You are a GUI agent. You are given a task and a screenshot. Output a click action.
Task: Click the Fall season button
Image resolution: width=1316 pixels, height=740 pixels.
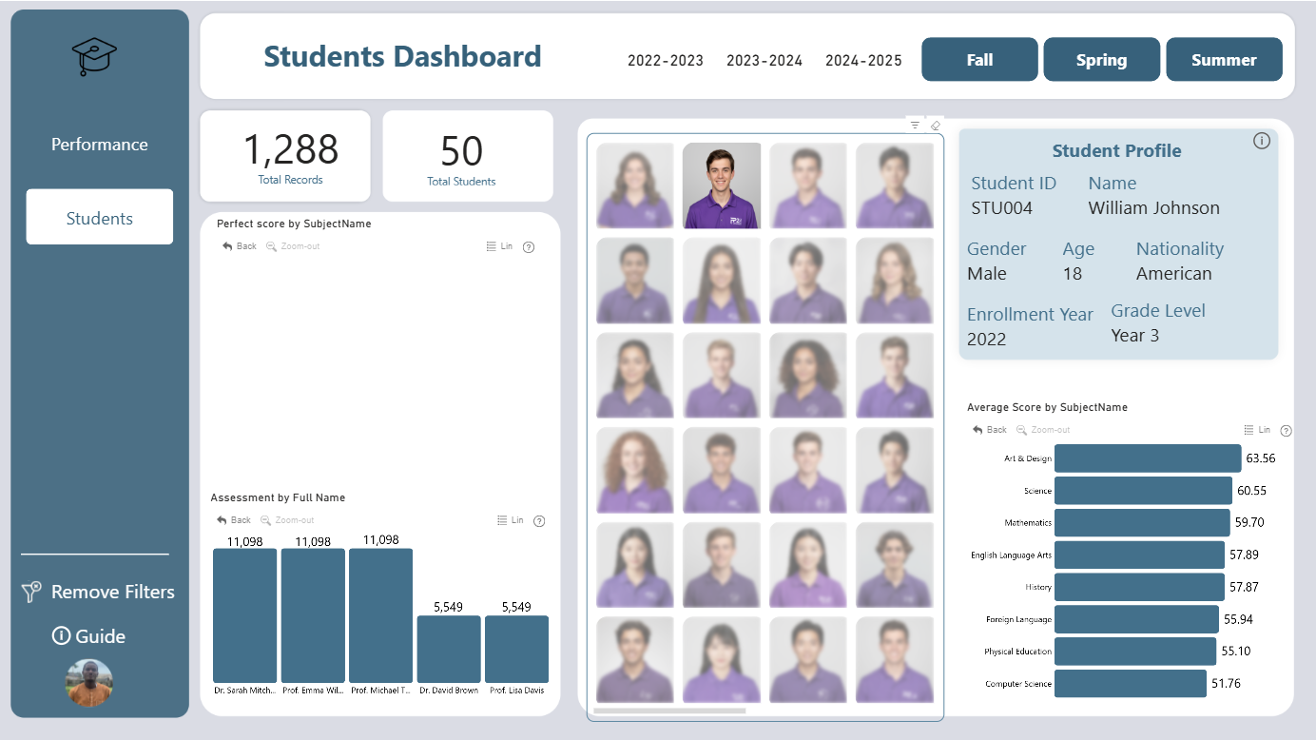pyautogui.click(x=979, y=59)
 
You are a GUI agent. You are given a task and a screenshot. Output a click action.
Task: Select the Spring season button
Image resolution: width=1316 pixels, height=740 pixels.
pyautogui.click(x=1101, y=59)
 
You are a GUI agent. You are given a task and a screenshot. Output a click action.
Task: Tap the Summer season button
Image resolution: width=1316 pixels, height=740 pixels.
pyautogui.click(x=1224, y=59)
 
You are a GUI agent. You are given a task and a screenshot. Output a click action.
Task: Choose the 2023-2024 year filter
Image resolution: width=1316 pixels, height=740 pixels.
pyautogui.click(x=764, y=61)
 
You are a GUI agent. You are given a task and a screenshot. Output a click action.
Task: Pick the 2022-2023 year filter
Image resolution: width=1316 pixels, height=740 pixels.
pyautogui.click(x=666, y=61)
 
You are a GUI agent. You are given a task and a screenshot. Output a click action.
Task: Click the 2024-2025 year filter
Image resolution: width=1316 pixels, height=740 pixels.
pyautogui.click(x=863, y=61)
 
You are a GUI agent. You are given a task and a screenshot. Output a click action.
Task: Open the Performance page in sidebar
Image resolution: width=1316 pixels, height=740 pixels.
pyautogui.click(x=99, y=145)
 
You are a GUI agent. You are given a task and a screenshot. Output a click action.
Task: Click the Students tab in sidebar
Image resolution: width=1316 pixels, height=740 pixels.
pyautogui.click(x=99, y=217)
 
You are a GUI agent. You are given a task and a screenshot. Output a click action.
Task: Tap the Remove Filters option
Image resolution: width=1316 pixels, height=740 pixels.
pyautogui.click(x=98, y=592)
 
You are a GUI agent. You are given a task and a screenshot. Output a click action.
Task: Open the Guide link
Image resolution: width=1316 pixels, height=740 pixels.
pyautogui.click(x=88, y=636)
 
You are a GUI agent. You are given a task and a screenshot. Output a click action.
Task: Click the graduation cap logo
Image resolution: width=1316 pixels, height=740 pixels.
pyautogui.click(x=94, y=56)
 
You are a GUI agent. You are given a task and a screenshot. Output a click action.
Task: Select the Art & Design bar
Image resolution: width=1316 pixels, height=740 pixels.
pyautogui.click(x=1148, y=458)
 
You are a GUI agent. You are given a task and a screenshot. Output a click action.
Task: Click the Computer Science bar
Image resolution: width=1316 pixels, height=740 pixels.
pyautogui.click(x=1131, y=684)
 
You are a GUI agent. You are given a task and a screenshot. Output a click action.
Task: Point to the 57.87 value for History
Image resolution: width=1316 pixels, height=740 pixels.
pyautogui.click(x=1244, y=587)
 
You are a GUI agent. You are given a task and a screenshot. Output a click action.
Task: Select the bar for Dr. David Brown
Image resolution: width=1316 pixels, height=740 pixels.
pyautogui.click(x=449, y=649)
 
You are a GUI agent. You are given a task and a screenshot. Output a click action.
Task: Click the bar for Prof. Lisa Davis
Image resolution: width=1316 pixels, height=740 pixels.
pyautogui.click(x=516, y=649)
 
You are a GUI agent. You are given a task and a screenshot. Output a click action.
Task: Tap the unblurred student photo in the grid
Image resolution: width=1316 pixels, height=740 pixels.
pyautogui.click(x=722, y=185)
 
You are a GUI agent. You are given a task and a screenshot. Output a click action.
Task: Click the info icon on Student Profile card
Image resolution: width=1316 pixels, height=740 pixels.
pyautogui.click(x=1262, y=141)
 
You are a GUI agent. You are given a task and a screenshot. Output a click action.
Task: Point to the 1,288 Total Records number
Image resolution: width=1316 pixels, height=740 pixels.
pyautogui.click(x=290, y=149)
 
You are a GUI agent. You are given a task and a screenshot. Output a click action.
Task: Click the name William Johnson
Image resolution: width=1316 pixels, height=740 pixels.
pyautogui.click(x=1153, y=208)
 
